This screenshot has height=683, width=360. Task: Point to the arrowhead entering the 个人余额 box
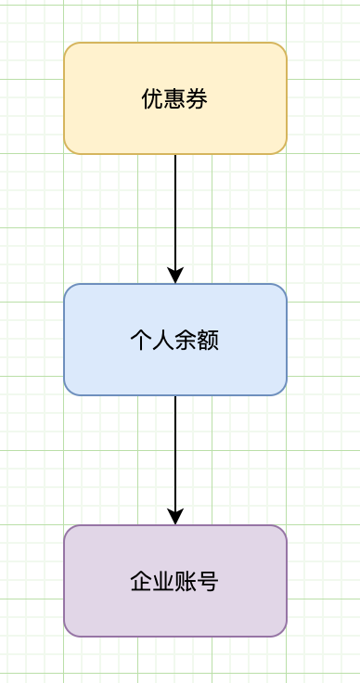tap(175, 276)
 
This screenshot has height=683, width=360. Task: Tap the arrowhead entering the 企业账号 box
tap(175, 517)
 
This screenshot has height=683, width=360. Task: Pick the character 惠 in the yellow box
tap(174, 98)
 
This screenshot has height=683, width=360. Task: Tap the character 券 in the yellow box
tap(197, 98)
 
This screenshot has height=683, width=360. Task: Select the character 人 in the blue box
tap(163, 341)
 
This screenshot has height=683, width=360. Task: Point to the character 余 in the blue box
tap(186, 341)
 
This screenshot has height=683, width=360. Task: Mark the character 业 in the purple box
tap(163, 582)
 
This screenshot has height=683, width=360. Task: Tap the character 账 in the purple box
tap(186, 582)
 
